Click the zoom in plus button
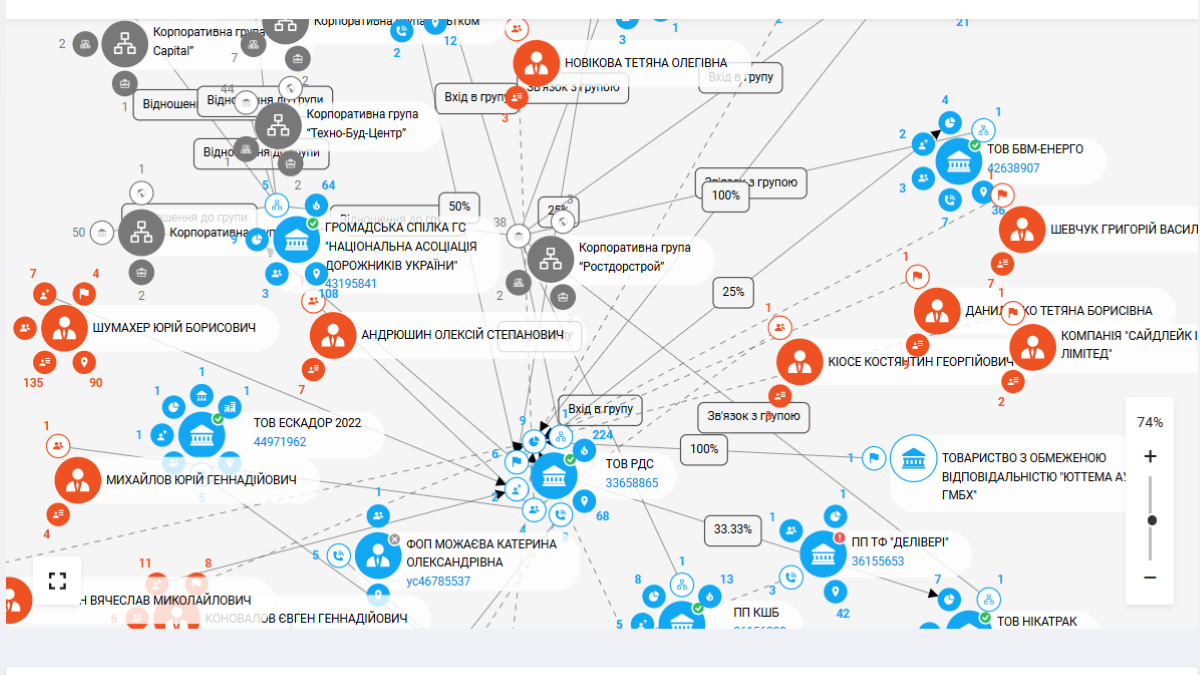(x=1150, y=457)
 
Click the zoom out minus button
(x=1150, y=578)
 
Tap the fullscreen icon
(x=57, y=580)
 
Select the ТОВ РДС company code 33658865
(x=632, y=483)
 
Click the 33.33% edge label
(x=733, y=529)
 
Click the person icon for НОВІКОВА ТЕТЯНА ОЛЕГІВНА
(x=537, y=63)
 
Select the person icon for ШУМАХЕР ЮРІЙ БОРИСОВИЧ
(x=65, y=327)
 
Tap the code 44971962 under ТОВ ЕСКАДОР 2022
(x=280, y=442)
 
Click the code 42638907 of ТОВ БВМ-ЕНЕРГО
(x=1013, y=168)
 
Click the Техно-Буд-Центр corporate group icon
(x=278, y=125)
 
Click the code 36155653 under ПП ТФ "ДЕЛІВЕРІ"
(x=878, y=561)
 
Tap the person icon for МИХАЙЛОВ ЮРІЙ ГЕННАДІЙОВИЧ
(x=78, y=480)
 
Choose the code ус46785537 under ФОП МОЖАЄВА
(x=438, y=581)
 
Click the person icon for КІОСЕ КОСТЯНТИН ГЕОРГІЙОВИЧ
(x=799, y=361)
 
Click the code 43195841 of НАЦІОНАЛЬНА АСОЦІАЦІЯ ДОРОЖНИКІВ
(x=351, y=283)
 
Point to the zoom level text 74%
(x=1150, y=422)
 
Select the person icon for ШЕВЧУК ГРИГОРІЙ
(x=1022, y=229)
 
